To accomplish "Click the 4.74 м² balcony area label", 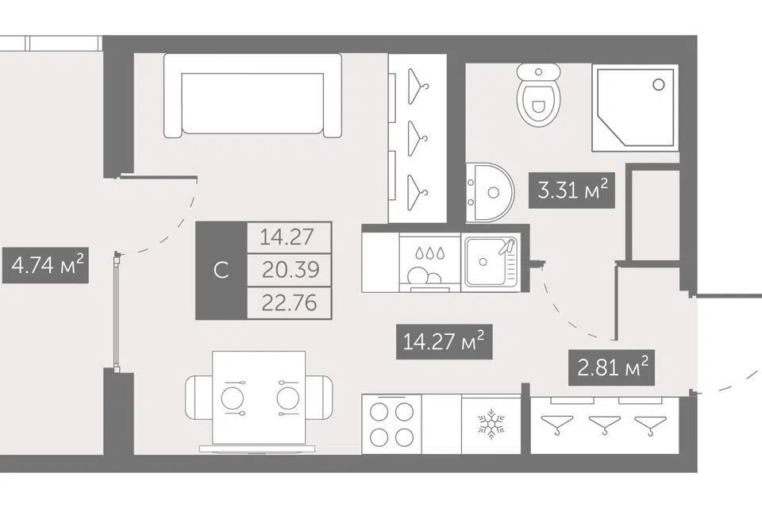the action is pos(46,265).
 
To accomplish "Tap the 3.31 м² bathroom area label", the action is pos(571,190).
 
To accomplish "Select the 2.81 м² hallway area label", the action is pos(612,368).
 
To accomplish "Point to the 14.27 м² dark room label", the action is pos(444,342).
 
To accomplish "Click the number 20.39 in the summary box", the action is pos(291,269).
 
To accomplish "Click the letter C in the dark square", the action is pos(221,270).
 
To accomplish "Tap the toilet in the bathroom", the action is pos(538,94).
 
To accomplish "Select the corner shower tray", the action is pos(635,108).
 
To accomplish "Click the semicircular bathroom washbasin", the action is pos(490,193).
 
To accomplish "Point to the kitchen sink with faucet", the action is pos(491,262).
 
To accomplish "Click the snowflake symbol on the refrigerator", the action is pos(491,424).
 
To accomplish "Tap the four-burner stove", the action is pos(391,424).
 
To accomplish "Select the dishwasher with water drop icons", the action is pos(429,263).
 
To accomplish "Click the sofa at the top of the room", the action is pos(252,95).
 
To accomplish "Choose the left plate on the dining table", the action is pos(233,398).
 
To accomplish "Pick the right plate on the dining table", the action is pos(289,398).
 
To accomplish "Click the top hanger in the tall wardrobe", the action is pos(418,87).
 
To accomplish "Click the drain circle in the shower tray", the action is pos(659,85).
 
